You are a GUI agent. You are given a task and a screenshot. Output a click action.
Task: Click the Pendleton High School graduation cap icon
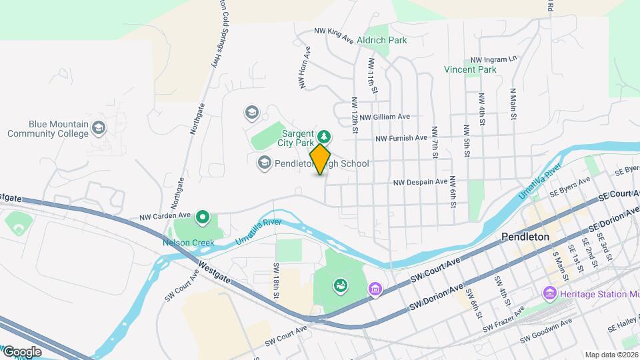[x=264, y=163]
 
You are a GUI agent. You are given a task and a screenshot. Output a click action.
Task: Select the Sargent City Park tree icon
[x=324, y=137]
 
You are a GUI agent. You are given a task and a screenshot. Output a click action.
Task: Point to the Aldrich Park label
[x=382, y=40]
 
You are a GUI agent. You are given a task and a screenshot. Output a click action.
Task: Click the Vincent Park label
[x=471, y=69]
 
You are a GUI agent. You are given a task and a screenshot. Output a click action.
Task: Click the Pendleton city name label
[x=525, y=237]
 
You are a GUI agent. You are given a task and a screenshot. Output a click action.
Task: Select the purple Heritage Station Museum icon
[x=550, y=293]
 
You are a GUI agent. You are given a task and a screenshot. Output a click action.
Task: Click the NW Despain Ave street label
[x=420, y=181]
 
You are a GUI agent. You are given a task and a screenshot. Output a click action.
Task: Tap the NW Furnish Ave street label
[x=401, y=139]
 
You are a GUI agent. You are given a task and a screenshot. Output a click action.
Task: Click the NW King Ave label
[x=333, y=35]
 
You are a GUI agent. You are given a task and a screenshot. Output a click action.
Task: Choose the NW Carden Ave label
[x=165, y=217]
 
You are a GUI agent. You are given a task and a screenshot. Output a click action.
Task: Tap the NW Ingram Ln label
[x=493, y=59]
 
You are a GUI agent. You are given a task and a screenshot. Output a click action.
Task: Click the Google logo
[x=21, y=351]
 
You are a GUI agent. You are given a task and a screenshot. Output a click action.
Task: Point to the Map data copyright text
[x=611, y=355]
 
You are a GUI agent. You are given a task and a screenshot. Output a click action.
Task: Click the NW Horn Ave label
[x=305, y=67]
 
